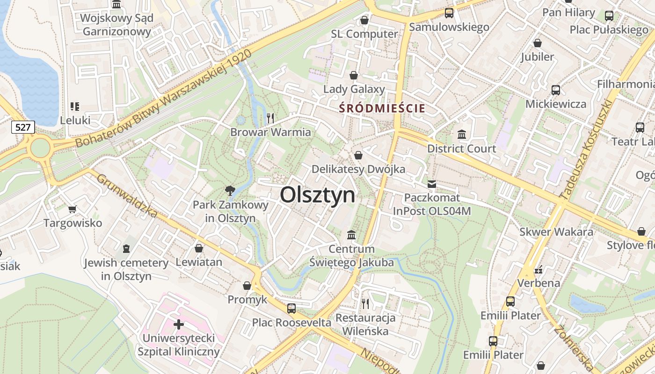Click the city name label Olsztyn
point(318,195)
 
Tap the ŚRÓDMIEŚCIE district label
point(382,108)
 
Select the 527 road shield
point(23,127)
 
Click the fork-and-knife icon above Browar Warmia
point(270,118)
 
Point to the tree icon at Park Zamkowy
point(230,190)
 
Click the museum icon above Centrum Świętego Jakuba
point(351,234)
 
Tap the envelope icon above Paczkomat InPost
point(431,184)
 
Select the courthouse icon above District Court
point(462,135)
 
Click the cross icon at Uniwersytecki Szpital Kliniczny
point(178,324)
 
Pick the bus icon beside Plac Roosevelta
point(291,308)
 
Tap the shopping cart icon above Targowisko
point(72,209)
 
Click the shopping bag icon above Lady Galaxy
point(354,75)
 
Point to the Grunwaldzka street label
point(127,196)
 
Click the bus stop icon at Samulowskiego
point(449,13)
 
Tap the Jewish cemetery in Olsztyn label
point(126,269)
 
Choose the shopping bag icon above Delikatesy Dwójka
point(358,155)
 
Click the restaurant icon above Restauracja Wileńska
point(365,304)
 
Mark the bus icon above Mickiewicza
point(556,90)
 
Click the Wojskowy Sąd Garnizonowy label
point(116,25)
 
